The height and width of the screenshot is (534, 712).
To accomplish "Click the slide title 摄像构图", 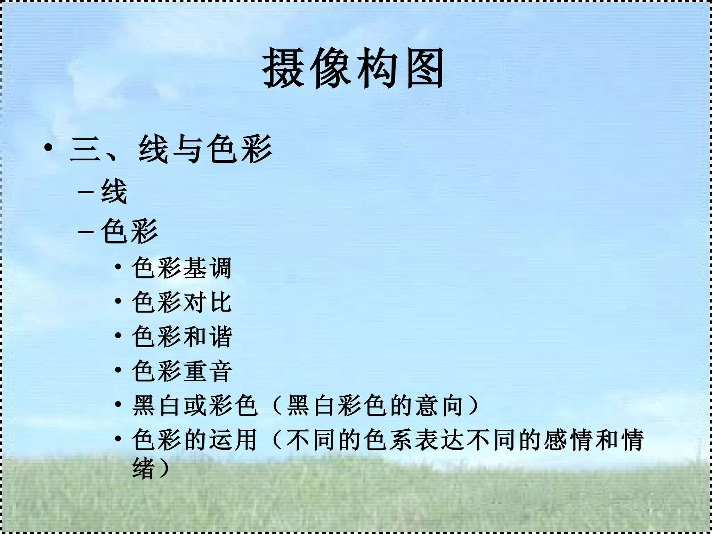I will [x=353, y=68].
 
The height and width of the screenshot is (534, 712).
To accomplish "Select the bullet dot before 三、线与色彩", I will [x=49, y=148].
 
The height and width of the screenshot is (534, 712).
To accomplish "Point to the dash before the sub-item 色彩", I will [x=86, y=231].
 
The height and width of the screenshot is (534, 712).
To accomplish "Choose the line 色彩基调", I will [x=182, y=268].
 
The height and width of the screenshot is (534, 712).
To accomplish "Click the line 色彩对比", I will [x=182, y=302].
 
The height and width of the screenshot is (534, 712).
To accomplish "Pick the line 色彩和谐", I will [x=182, y=337].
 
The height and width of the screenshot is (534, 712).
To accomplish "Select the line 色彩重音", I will [x=182, y=371].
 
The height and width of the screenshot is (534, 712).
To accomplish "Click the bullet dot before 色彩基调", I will [x=118, y=267].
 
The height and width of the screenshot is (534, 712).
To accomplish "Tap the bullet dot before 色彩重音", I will [x=118, y=370].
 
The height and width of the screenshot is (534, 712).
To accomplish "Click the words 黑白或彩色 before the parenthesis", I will [x=195, y=405].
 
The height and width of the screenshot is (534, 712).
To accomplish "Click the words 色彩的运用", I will [x=195, y=440].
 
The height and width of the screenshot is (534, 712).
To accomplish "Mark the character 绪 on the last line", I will [x=144, y=469].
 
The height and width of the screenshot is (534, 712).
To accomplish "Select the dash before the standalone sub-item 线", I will [x=86, y=192].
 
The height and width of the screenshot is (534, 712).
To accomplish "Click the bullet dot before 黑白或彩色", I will [x=118, y=404].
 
